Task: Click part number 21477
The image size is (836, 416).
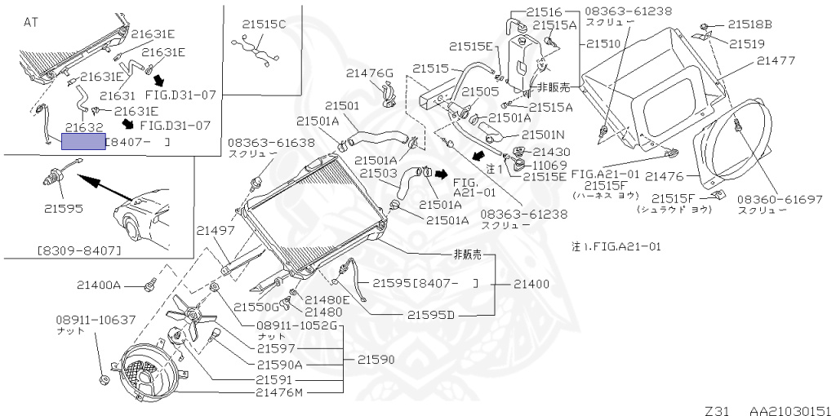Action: (x=776, y=60)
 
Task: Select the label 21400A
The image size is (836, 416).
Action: (x=99, y=285)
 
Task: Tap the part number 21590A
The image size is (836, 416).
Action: (x=279, y=365)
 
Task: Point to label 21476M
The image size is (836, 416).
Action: (x=279, y=393)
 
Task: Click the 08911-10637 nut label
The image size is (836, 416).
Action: (x=96, y=320)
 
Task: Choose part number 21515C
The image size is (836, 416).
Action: (x=264, y=24)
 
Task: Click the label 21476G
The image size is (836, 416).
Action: (x=369, y=73)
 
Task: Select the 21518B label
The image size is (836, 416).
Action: (x=750, y=24)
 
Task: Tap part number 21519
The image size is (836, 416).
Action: (x=746, y=44)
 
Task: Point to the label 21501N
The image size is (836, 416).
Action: (x=543, y=135)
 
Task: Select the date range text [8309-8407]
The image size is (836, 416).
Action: (x=79, y=250)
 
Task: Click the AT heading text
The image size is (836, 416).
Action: (x=31, y=23)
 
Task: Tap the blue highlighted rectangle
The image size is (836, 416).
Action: (x=84, y=142)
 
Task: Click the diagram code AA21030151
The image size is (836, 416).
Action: (x=791, y=410)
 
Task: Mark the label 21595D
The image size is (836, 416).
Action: (x=431, y=315)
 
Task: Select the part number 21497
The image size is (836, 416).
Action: (x=216, y=230)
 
